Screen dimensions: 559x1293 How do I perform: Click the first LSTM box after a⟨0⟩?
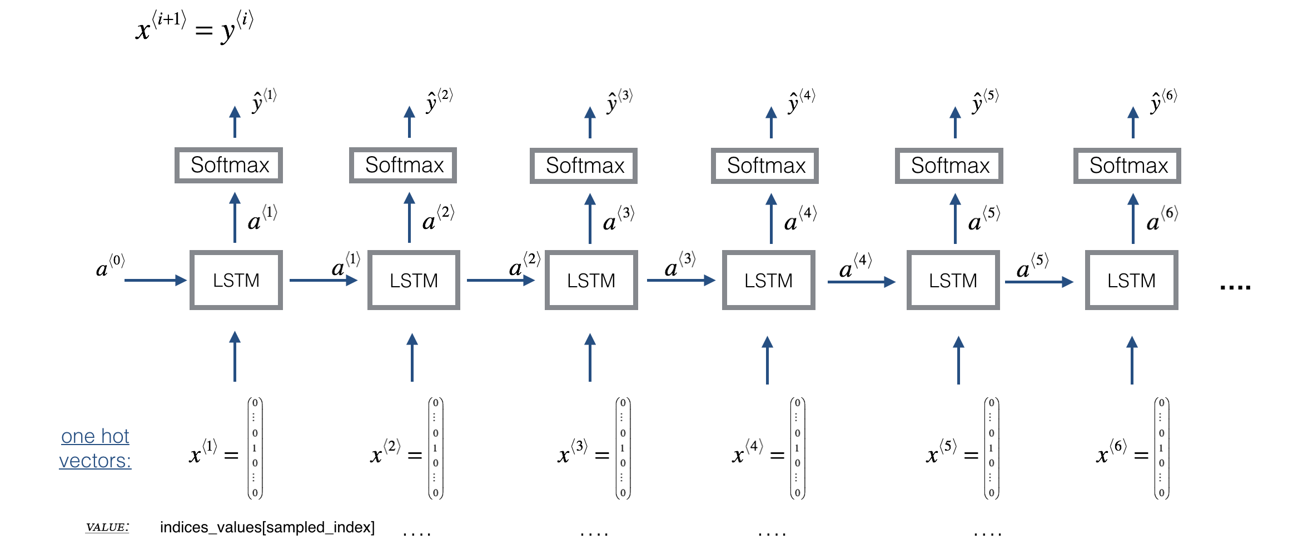[x=236, y=280]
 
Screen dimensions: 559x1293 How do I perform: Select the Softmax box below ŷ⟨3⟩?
[x=584, y=166]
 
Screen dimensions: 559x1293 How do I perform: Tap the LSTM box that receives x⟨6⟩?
[x=1131, y=280]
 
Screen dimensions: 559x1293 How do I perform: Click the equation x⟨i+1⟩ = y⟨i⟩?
[x=195, y=27]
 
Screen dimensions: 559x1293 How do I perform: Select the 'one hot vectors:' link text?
[x=95, y=448]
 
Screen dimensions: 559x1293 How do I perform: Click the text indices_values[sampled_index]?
[x=267, y=527]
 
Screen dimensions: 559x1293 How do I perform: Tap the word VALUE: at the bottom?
[x=107, y=527]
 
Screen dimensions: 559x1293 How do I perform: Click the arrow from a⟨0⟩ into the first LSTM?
[x=155, y=280]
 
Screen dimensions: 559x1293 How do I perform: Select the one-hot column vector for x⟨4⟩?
[x=797, y=448]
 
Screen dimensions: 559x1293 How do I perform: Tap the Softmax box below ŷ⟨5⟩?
[x=949, y=166]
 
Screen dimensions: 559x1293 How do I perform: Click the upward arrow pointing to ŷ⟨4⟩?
[x=771, y=122]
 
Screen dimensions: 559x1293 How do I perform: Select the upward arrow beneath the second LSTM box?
[x=412, y=357]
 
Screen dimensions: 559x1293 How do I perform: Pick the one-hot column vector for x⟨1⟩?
[x=255, y=448]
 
